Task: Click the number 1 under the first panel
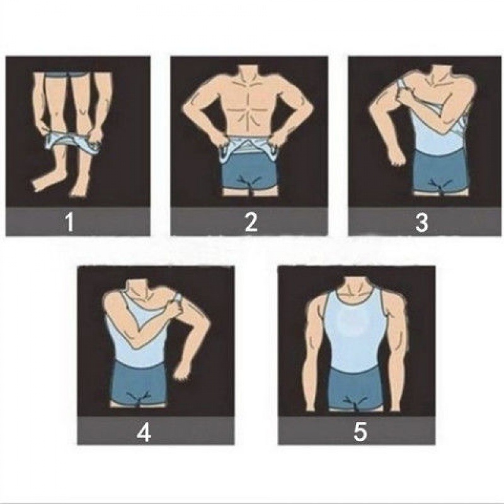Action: [x=69, y=222]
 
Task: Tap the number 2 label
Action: [x=251, y=222]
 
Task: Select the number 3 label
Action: [x=421, y=222]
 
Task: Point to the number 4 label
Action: [x=144, y=432]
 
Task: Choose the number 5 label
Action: [x=360, y=432]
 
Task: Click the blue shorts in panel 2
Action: [x=249, y=175]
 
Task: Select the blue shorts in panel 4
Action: [x=140, y=382]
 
